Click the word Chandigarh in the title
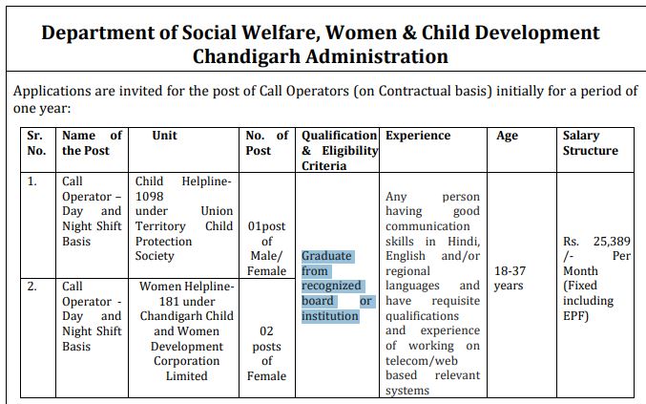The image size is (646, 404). tap(242, 56)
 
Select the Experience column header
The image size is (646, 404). tap(418, 136)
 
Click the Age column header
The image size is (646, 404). tap(507, 136)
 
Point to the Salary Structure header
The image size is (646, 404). tap(590, 143)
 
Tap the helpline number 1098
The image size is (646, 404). tap(151, 196)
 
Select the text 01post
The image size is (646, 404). tap(266, 226)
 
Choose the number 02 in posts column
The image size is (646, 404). tap(267, 330)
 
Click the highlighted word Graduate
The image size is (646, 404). tap(326, 256)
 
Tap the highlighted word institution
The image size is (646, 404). tap(329, 316)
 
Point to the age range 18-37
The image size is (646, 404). tap(509, 270)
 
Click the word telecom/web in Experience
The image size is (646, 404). tap(421, 361)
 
